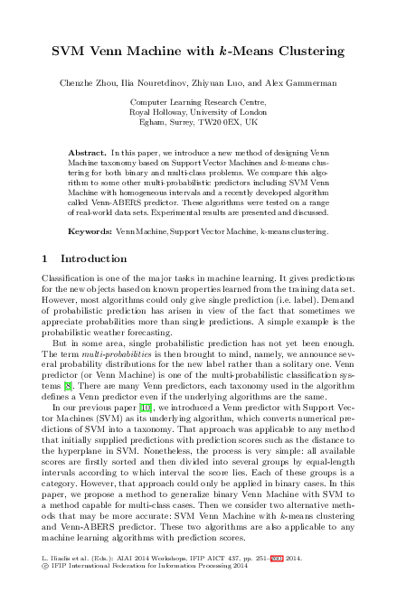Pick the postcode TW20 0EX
point(231,121)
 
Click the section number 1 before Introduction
point(46,259)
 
